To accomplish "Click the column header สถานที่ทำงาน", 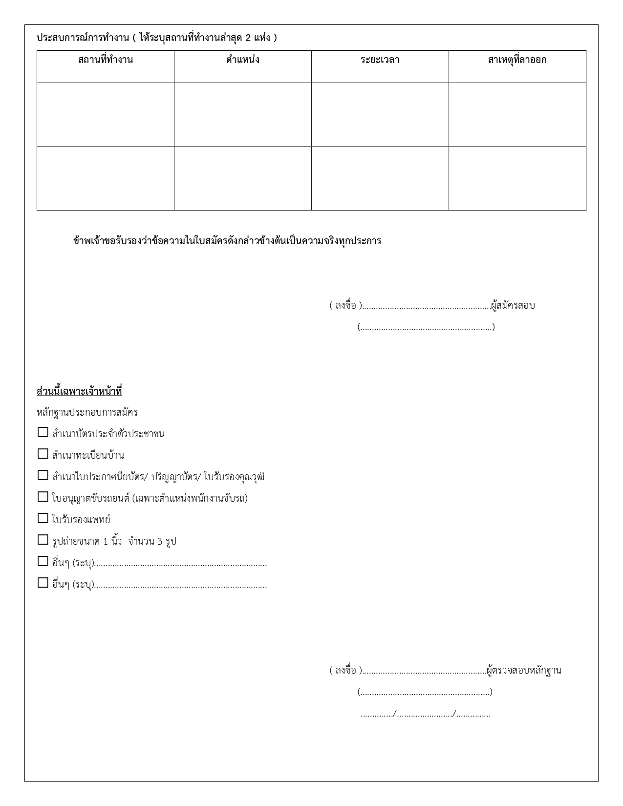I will (106, 60).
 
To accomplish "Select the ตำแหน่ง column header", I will (242, 60).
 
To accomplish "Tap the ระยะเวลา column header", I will (380, 60).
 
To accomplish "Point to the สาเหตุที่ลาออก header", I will (517, 60).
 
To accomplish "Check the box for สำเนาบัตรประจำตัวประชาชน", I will (43, 432).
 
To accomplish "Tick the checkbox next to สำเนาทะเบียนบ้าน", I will (43, 454).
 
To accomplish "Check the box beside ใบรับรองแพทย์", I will (43, 518).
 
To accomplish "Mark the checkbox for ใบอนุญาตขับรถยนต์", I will (43, 497).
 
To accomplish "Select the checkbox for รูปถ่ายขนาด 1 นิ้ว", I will (43, 540).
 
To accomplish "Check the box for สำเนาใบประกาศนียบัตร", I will (43, 475).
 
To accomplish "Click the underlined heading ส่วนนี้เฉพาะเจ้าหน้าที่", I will (79, 391).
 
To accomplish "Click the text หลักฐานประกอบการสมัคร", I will (87, 412).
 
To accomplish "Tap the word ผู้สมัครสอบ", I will (513, 306).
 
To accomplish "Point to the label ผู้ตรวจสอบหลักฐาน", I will (524, 670).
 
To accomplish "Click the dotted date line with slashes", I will (425, 715).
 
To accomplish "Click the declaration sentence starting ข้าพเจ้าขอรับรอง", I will (227, 241).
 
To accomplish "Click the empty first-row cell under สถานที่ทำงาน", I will (106, 114).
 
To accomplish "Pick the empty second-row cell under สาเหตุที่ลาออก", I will (517, 178).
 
